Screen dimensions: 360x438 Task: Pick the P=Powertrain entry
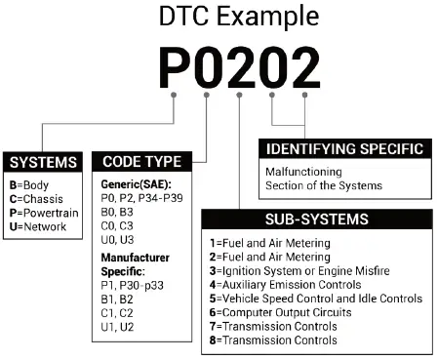pos(45,212)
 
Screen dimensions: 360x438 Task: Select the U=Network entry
pos(39,226)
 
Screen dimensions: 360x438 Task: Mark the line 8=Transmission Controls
pos(273,340)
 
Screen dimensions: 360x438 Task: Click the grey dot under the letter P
pos(174,96)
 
